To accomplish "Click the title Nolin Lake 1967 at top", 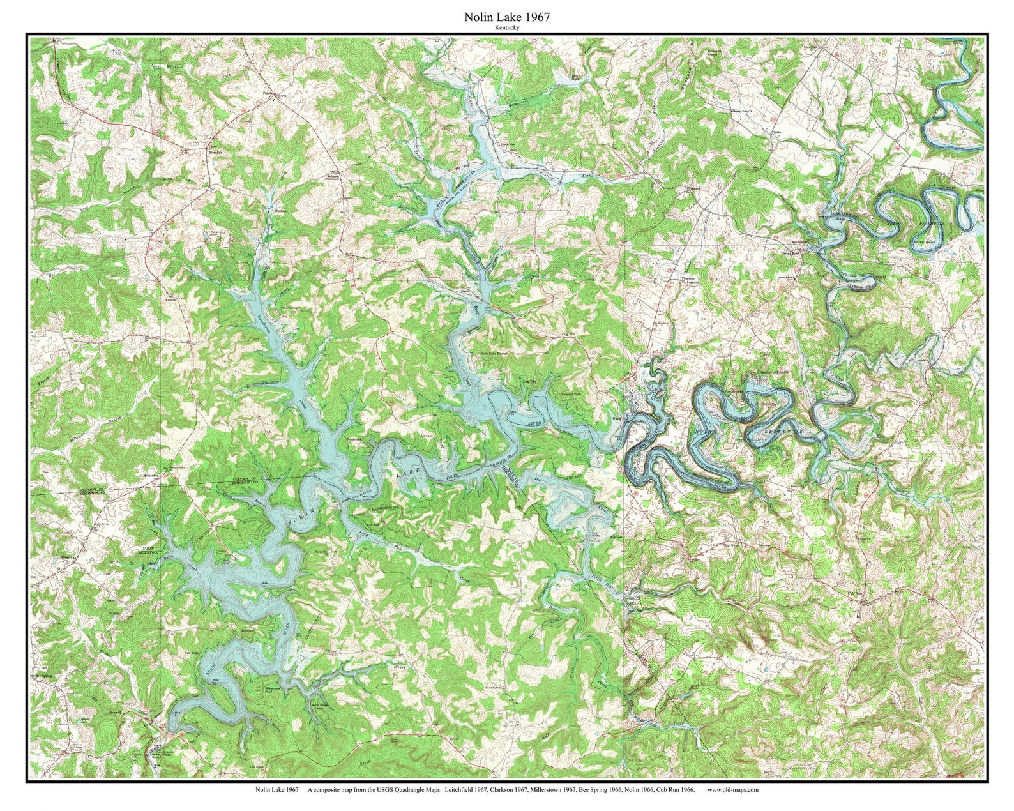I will point(506,18).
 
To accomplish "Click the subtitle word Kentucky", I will point(506,28).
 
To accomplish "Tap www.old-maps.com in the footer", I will point(732,789).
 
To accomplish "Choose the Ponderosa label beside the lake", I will point(355,440).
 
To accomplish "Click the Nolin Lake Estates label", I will point(494,352).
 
